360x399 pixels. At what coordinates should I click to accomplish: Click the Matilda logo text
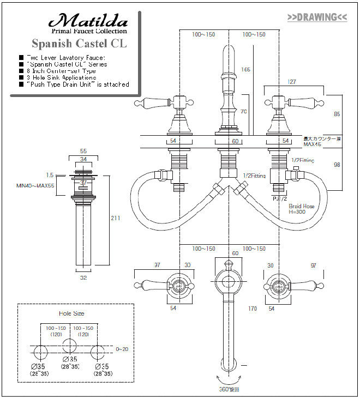[89, 21]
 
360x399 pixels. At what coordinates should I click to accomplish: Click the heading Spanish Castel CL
[79, 43]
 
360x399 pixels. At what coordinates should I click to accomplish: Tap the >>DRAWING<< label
[317, 17]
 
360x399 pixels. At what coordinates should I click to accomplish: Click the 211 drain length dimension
[116, 218]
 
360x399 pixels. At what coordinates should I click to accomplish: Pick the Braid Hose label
[302, 207]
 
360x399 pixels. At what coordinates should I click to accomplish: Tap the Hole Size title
[71, 313]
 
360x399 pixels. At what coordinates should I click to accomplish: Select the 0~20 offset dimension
[122, 349]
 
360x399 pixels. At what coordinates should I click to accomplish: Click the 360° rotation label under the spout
[229, 390]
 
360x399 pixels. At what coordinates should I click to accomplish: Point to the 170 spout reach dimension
[252, 309]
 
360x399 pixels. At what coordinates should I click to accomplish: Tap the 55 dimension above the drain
[83, 151]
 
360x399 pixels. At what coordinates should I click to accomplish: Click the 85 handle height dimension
[337, 114]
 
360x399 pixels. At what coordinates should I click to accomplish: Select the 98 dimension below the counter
[337, 165]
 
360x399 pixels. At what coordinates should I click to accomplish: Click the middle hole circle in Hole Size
[69, 346]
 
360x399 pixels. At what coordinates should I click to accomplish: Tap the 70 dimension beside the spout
[244, 111]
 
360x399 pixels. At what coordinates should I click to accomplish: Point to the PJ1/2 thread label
[280, 198]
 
